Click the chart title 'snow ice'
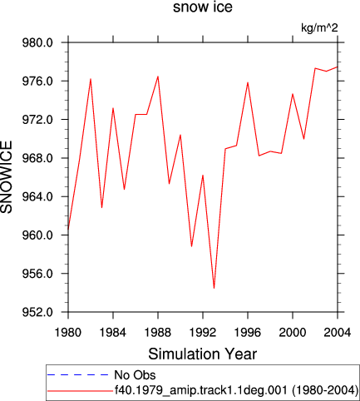coord(203,7)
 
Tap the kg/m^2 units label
coord(319,27)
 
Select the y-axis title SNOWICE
coord(7,177)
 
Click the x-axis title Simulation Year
coord(203,354)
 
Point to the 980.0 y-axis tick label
coord(37,42)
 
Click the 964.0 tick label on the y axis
coord(37,196)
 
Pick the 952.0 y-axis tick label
coord(37,312)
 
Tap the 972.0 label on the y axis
coord(37,120)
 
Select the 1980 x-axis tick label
coord(68,332)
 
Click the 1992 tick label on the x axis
coord(203,332)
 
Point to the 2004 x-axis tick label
coord(338,332)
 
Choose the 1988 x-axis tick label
coord(158,332)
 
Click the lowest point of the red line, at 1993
coord(214,289)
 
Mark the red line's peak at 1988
coord(158,77)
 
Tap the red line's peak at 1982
coord(91,79)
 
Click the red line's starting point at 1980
coord(68,230)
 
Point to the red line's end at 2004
coord(338,67)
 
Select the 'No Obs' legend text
coord(135,375)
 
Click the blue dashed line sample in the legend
coord(78,375)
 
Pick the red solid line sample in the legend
coord(81,391)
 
